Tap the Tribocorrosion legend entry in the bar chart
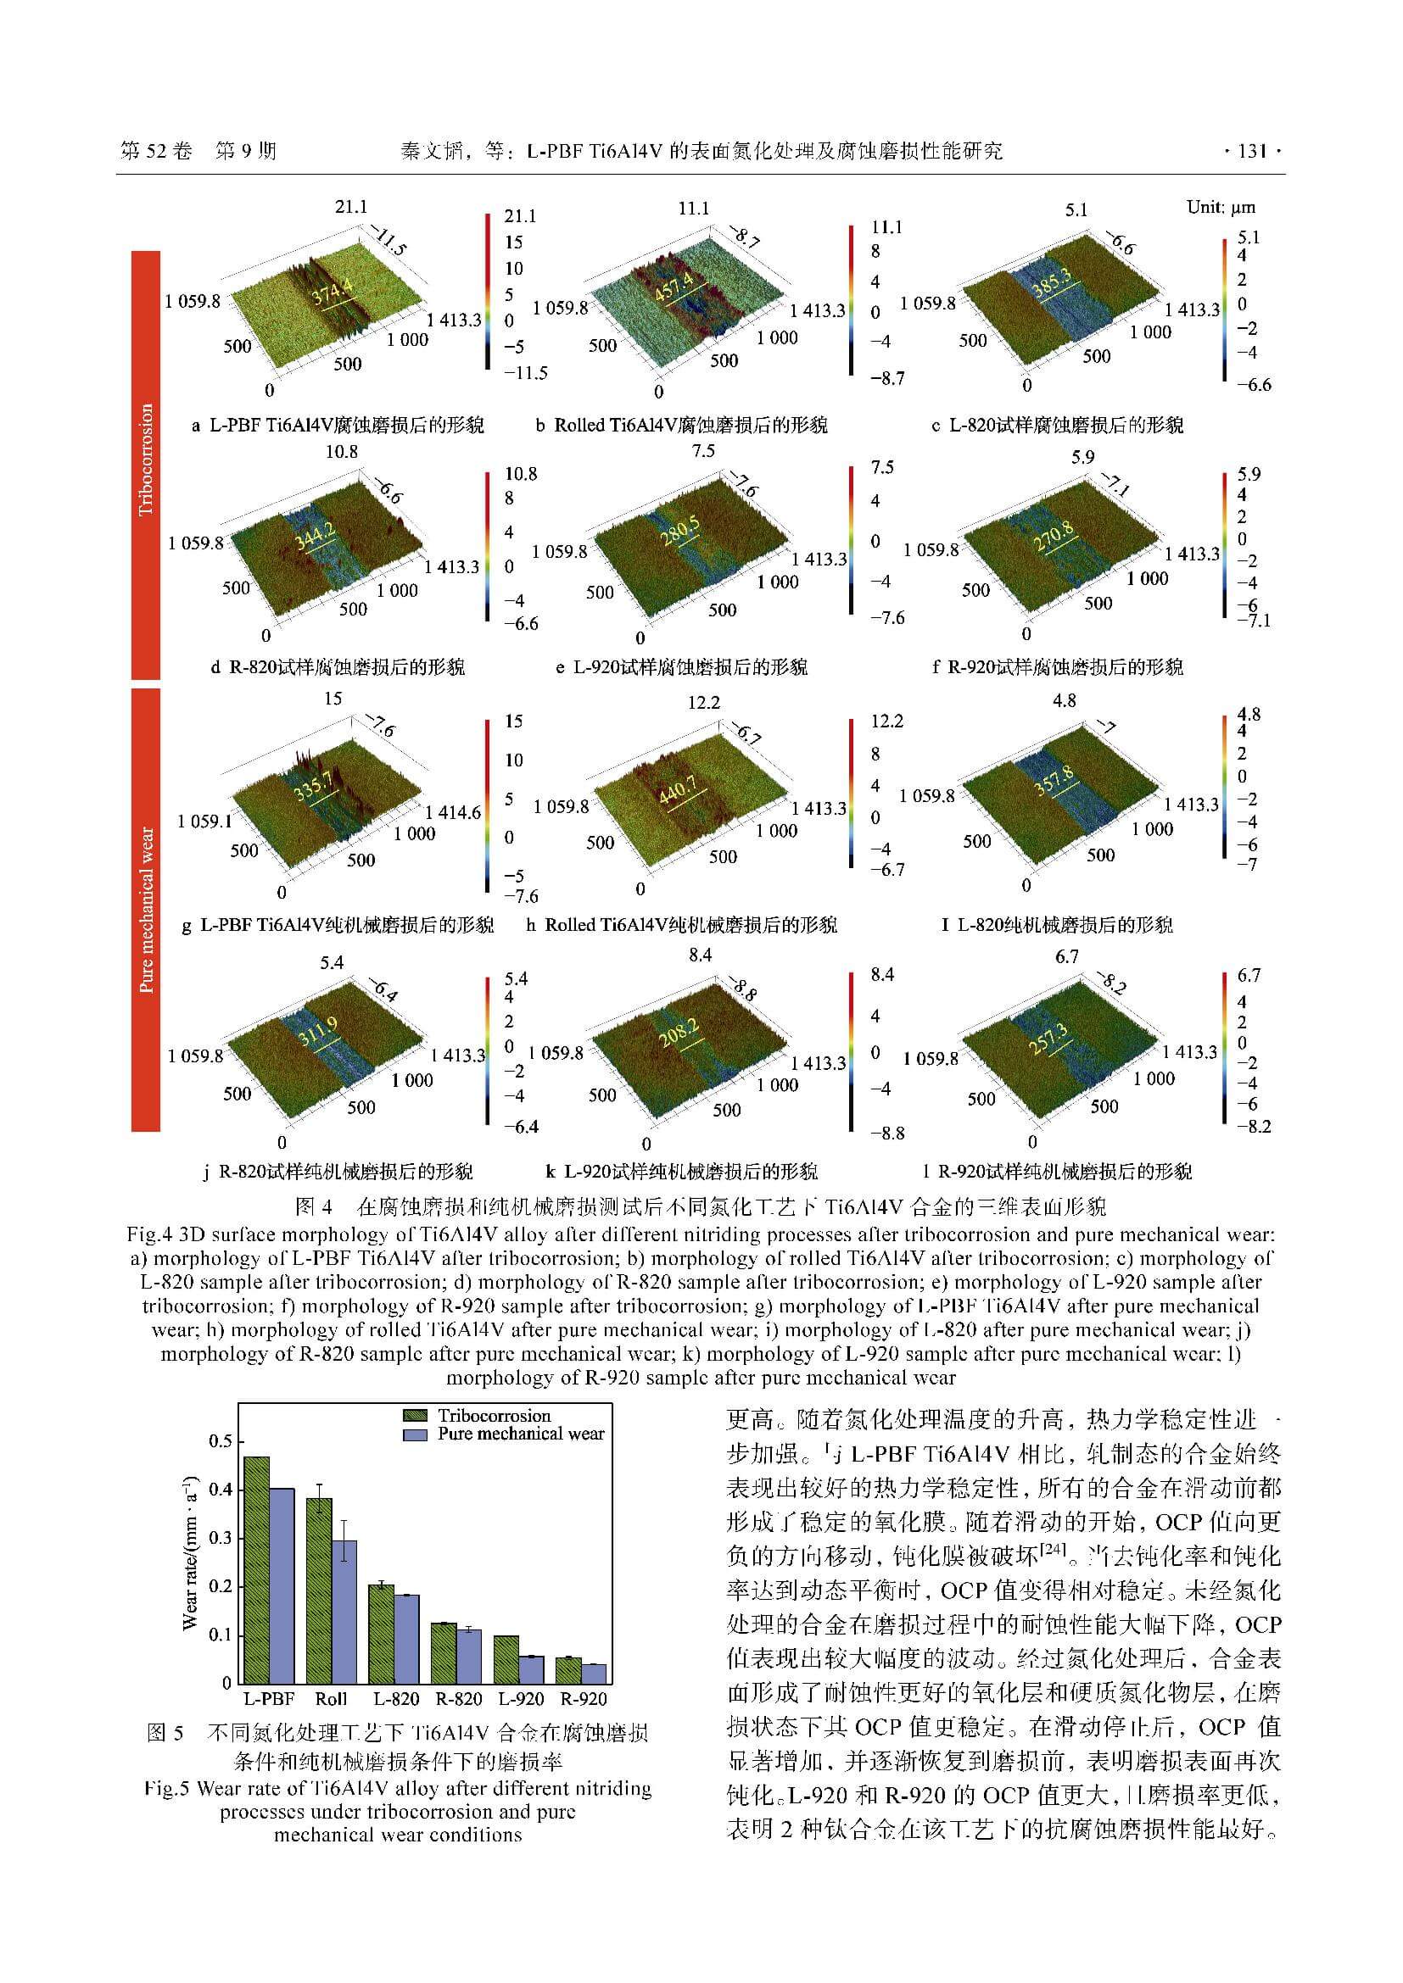coord(494,1416)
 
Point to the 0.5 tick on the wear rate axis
coord(221,1441)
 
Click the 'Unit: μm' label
coord(1221,207)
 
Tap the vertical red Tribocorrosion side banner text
coord(146,460)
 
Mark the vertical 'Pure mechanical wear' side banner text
coord(146,911)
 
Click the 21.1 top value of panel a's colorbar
coord(520,216)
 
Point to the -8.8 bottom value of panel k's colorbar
coord(887,1133)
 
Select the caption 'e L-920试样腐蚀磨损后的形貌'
coord(682,666)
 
